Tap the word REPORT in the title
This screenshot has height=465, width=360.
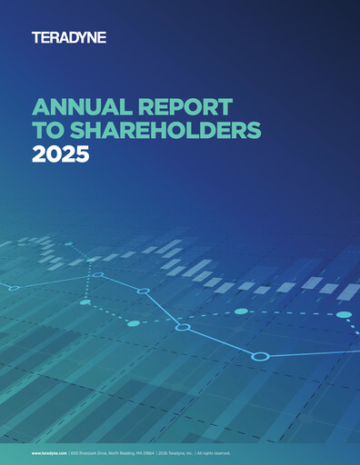pyautogui.click(x=189, y=106)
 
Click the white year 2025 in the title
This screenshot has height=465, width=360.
pyautogui.click(x=60, y=153)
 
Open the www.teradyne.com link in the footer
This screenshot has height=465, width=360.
pyautogui.click(x=49, y=452)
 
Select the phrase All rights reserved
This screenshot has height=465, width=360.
pyautogui.click(x=215, y=452)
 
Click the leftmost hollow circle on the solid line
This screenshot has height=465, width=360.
pyautogui.click(x=13, y=288)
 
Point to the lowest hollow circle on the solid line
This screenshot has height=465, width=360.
pyautogui.click(x=260, y=356)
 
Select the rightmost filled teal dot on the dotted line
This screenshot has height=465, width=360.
pyautogui.click(x=344, y=314)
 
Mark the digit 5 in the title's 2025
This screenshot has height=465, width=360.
pyautogui.click(x=82, y=153)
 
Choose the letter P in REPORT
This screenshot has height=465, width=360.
pyautogui.click(x=178, y=106)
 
